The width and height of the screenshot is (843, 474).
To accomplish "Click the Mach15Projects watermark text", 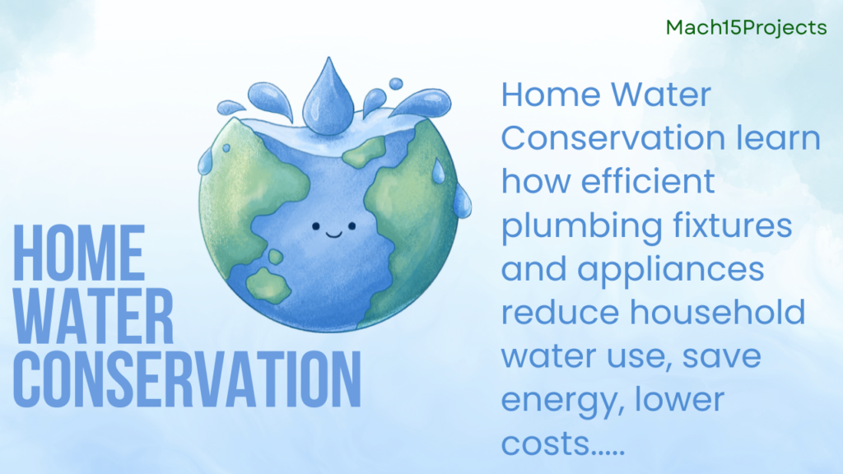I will [x=746, y=27].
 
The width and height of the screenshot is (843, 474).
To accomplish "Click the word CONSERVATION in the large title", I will [x=189, y=379].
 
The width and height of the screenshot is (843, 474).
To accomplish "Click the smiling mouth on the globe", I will [x=333, y=234].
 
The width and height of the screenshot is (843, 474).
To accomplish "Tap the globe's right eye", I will [x=351, y=224].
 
